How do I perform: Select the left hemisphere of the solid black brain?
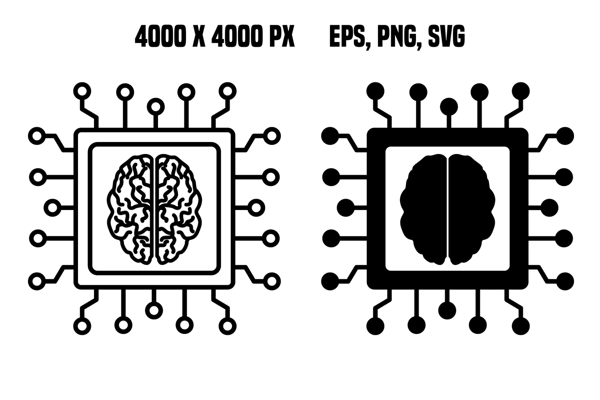(424, 209)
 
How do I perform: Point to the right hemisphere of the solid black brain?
(472, 209)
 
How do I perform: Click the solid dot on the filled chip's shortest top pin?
(449, 107)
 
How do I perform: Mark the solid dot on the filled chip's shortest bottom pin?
(447, 310)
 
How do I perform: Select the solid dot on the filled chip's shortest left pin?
(346, 208)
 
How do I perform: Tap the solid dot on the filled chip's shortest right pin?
(550, 208)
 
